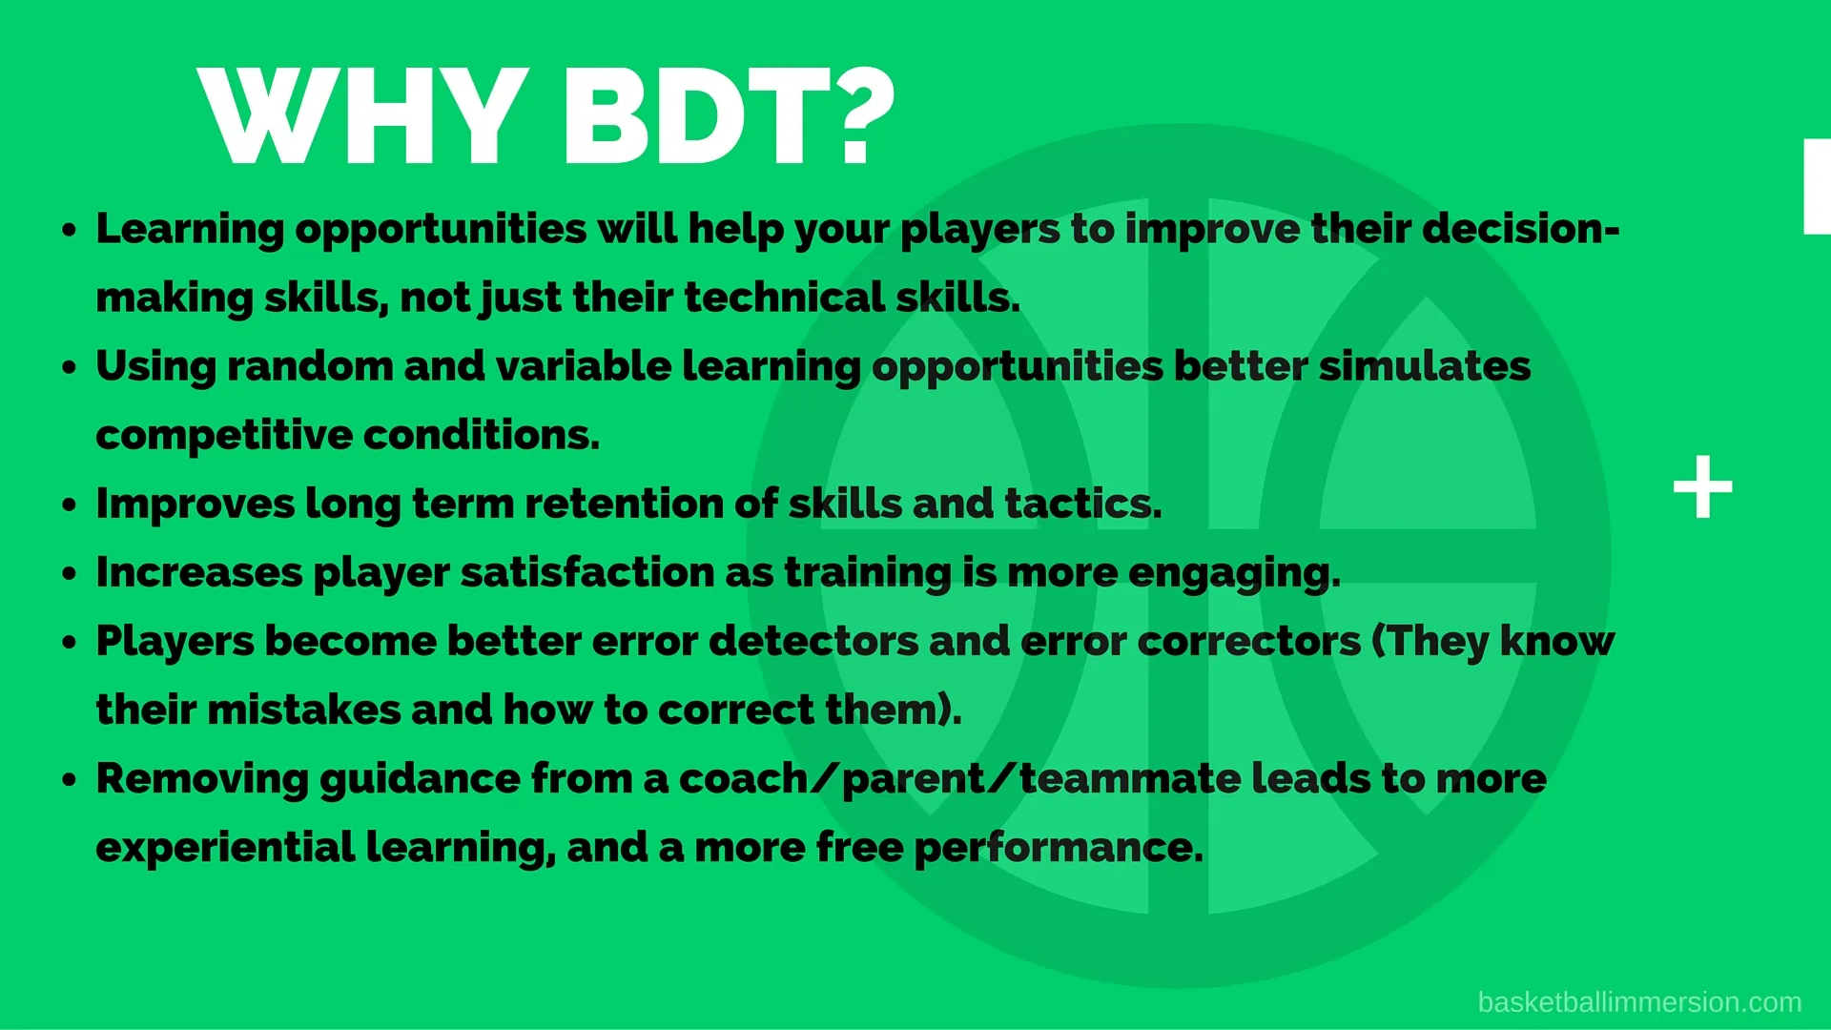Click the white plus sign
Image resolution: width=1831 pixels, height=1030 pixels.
[1703, 487]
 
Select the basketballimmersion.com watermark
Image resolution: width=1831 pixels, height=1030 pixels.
[1639, 1002]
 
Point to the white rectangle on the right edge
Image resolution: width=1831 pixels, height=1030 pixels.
[1817, 186]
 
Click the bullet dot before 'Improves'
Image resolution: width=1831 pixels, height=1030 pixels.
[69, 505]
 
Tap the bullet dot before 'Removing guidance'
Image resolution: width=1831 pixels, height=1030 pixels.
[69, 779]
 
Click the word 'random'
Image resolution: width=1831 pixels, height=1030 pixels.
[310, 366]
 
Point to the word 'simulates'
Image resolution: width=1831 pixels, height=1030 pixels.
[1425, 366]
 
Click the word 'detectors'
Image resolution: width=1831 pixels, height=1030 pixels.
[813, 641]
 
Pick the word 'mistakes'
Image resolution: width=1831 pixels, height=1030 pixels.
[304, 710]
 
